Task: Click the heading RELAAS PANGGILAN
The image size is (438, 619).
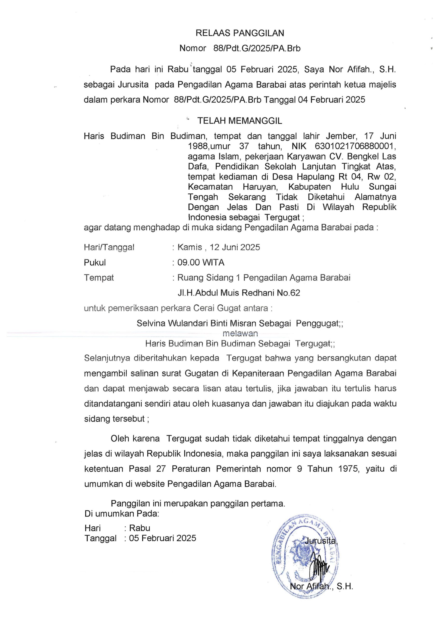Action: pyautogui.click(x=240, y=33)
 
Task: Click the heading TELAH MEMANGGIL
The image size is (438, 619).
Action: pyautogui.click(x=240, y=121)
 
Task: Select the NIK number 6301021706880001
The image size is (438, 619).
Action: pyautogui.click(x=355, y=146)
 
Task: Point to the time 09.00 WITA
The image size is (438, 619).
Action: pyautogui.click(x=201, y=262)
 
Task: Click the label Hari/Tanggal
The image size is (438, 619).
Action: pyautogui.click(x=109, y=247)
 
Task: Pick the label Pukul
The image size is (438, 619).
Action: pyautogui.click(x=95, y=262)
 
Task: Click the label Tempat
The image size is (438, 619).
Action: pyautogui.click(x=99, y=278)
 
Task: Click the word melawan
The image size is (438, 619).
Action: pyautogui.click(x=240, y=334)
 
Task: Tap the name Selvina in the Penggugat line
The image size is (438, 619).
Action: pyautogui.click(x=151, y=323)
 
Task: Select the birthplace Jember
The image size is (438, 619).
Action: pyautogui.click(x=341, y=136)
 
